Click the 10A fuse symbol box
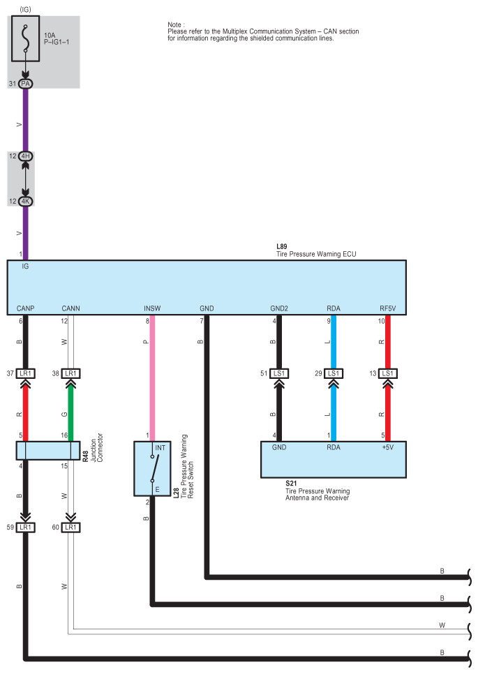25,38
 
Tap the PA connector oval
25,84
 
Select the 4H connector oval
25,156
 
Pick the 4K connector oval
25,201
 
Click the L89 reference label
281,246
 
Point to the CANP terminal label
25,308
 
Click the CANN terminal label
71,308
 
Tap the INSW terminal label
152,308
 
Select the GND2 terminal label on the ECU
279,308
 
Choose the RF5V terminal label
388,308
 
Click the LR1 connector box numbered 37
25,373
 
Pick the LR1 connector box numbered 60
71,527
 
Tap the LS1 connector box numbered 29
334,373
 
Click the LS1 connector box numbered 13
388,373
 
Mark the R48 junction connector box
48,451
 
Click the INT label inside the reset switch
160,448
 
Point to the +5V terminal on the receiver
388,447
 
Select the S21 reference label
291,483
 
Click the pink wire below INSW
152,378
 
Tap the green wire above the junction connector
71,412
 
